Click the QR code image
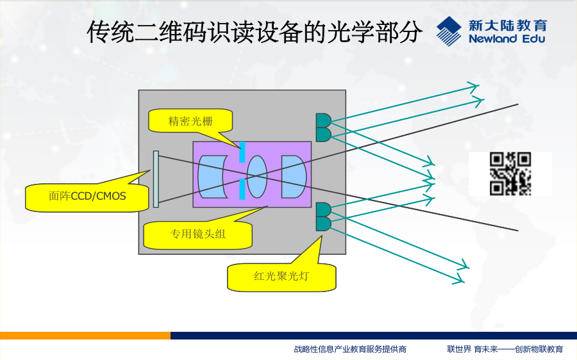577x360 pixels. tap(510, 174)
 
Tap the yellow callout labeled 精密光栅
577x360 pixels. tap(190, 120)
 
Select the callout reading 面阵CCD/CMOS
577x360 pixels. tap(87, 196)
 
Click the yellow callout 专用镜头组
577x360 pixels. tap(197, 234)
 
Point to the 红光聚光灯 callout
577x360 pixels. tap(281, 276)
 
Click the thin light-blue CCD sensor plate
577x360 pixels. tap(156, 179)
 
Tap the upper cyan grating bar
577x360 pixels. tap(242, 152)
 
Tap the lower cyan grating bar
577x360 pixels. tap(242, 189)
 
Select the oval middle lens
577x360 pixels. tap(257, 177)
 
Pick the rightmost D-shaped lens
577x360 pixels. tap(293, 177)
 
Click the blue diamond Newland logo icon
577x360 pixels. tap(449, 31)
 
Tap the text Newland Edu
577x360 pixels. tap(506, 38)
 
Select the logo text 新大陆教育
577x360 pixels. tap(508, 26)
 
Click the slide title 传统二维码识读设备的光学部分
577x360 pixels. tap(255, 32)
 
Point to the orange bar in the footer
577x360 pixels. tap(85, 336)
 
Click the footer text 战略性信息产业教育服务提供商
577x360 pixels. tap(350, 349)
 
